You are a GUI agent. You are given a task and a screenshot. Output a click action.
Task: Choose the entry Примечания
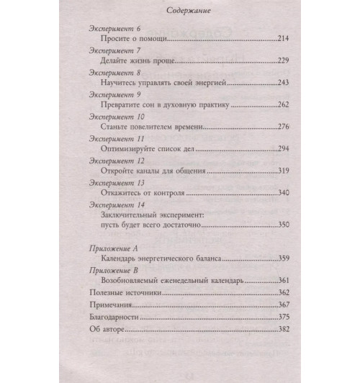[x=105, y=305]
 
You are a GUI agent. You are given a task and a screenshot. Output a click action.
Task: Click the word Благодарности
[x=109, y=317]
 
